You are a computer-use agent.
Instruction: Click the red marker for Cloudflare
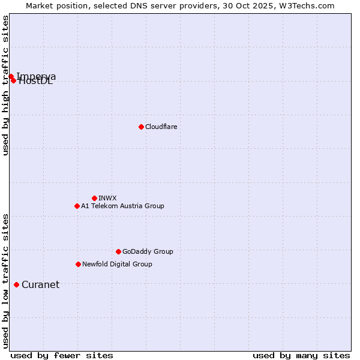tap(141, 127)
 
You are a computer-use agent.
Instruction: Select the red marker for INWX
tap(94, 198)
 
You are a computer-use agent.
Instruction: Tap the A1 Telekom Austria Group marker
tap(77, 206)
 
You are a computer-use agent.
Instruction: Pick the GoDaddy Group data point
tap(118, 251)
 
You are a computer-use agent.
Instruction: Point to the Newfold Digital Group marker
tap(78, 264)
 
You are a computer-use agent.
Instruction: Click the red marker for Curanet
tap(16, 284)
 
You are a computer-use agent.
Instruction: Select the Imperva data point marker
tap(11, 76)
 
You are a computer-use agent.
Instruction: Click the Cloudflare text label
tap(161, 127)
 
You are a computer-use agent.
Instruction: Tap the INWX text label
tap(107, 198)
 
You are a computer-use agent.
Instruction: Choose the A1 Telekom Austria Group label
tap(122, 206)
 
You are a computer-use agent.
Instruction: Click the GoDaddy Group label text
tap(148, 251)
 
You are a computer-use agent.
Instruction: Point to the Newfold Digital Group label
tap(117, 264)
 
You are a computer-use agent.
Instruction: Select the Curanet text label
tap(40, 284)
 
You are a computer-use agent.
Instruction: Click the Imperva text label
tap(37, 76)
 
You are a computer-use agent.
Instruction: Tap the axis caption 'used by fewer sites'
tap(62, 355)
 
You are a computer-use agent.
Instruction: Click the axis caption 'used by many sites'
tap(301, 355)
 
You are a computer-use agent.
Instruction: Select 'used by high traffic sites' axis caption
tap(6, 86)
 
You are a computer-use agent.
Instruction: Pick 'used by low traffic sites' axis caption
tap(6, 280)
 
